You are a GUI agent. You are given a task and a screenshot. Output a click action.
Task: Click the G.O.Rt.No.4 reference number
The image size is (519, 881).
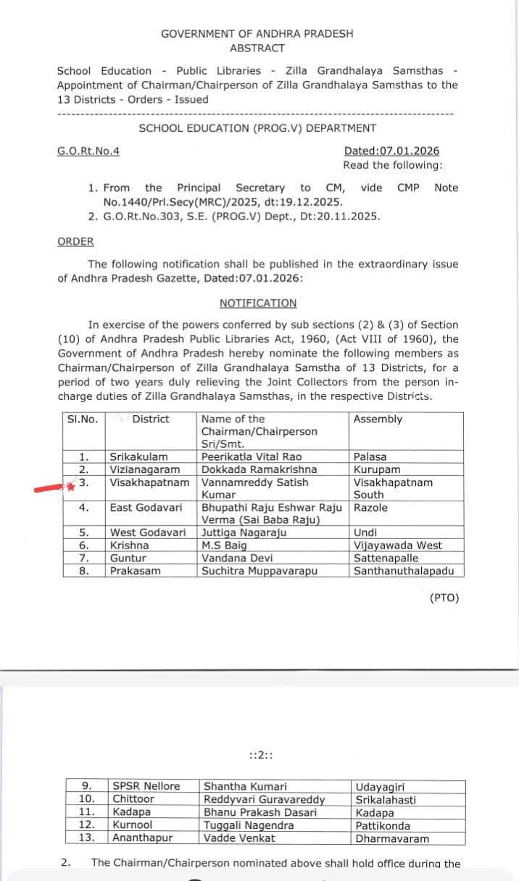[x=88, y=151]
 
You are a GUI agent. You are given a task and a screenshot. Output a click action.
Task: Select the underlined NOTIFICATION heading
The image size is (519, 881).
[x=258, y=303]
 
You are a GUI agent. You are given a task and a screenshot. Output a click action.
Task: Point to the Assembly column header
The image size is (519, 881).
[x=378, y=419]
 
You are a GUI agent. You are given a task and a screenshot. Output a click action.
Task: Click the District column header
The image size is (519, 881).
[x=151, y=419]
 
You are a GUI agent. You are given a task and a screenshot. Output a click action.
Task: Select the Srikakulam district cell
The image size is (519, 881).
[x=138, y=457]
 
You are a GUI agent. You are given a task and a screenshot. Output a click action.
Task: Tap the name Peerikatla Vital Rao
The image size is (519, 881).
[x=252, y=457]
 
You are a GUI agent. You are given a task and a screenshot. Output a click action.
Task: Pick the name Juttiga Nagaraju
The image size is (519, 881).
[x=244, y=533]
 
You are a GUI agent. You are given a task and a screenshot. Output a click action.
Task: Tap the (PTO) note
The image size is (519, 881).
[x=444, y=598]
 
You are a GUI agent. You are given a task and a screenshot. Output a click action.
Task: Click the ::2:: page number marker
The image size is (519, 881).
[x=259, y=756]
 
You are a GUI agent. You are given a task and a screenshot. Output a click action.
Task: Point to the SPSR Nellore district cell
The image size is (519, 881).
[x=146, y=786]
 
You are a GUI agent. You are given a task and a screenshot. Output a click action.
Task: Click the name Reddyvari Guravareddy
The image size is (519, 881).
[x=264, y=800]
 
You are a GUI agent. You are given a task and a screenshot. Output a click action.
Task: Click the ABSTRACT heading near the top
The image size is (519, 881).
[x=257, y=48]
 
